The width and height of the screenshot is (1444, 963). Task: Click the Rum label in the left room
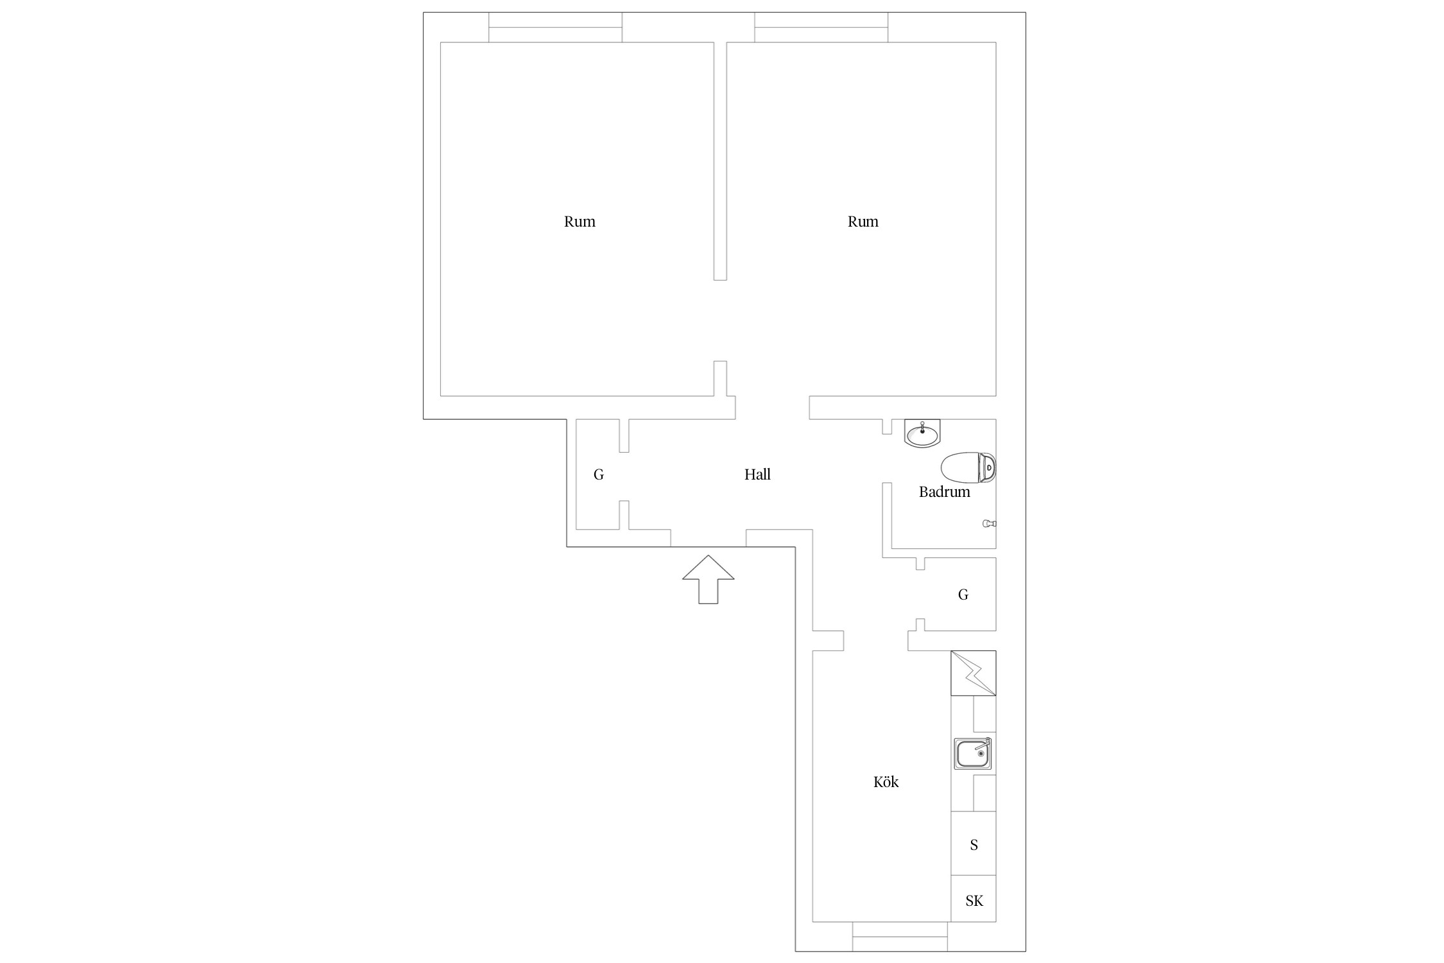point(580,221)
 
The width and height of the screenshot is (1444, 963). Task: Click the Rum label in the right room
point(863,221)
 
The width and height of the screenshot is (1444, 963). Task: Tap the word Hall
point(757,474)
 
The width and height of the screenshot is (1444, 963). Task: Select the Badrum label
point(944,492)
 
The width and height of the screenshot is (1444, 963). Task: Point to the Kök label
point(886,781)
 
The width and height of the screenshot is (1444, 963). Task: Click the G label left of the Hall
point(599,474)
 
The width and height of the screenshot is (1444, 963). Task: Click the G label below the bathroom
point(963,594)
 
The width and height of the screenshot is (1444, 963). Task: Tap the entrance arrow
point(708,579)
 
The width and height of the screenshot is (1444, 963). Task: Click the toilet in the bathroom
point(968,468)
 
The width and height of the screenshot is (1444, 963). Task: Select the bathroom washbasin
point(922,433)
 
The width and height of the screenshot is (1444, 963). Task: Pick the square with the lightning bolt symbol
point(973,673)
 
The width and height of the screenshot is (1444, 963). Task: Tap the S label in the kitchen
point(974,845)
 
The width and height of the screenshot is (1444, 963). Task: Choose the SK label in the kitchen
point(974,901)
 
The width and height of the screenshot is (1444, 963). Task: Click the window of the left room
point(555,28)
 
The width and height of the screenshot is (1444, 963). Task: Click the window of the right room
point(821,28)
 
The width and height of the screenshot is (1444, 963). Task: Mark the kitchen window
point(900,937)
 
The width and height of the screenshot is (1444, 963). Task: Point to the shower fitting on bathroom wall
point(990,524)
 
